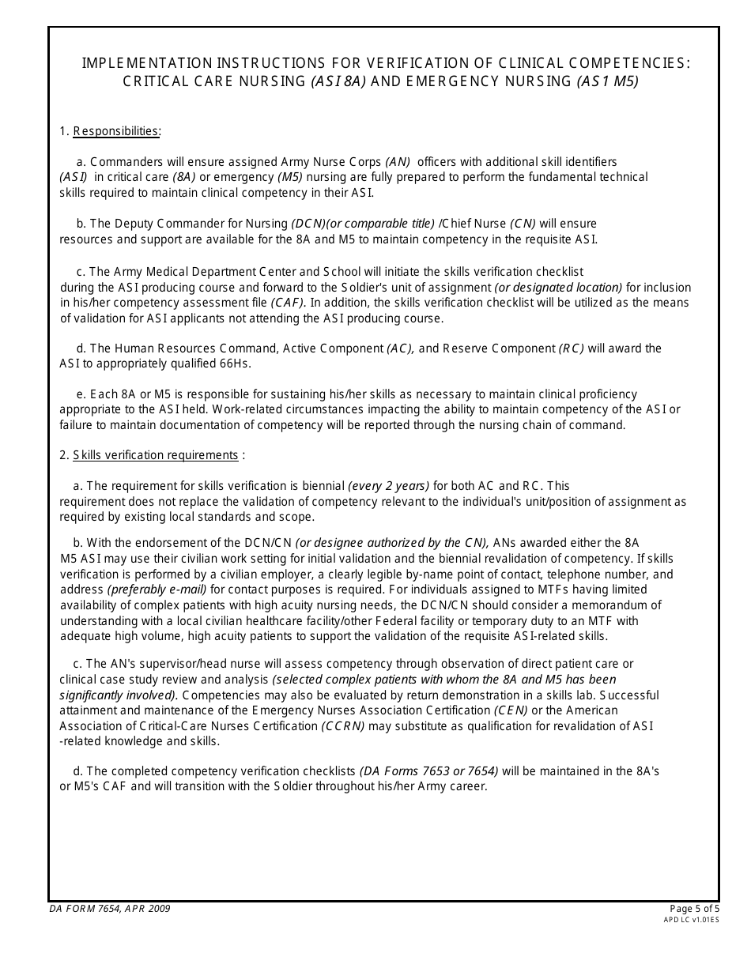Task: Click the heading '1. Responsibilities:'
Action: tap(110, 131)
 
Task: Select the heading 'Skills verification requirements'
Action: tap(156, 455)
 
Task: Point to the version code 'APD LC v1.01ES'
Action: tap(692, 920)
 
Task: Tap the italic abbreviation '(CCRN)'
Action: tap(343, 726)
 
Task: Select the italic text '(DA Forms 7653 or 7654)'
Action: tap(428, 771)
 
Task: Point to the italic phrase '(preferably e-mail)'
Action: tap(157, 590)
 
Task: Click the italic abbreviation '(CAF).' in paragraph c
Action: tap(288, 303)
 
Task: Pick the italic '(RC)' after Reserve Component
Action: tap(572, 348)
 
